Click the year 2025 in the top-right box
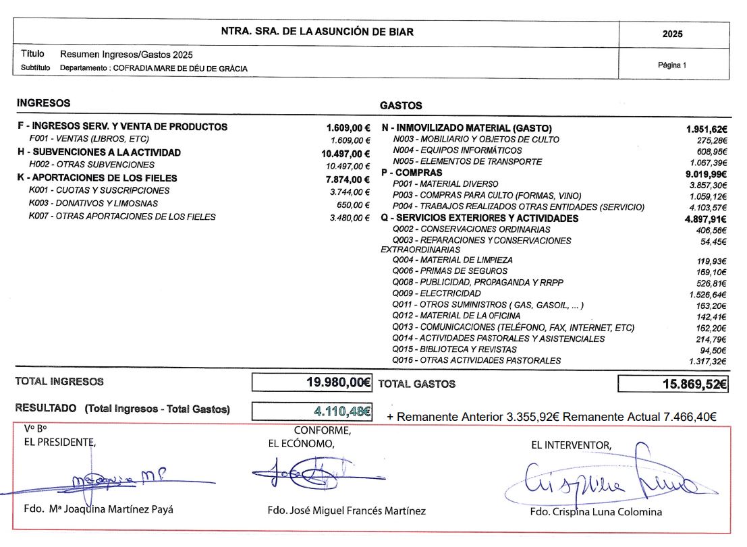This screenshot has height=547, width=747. coord(672,34)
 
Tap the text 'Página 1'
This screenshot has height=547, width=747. coord(671,65)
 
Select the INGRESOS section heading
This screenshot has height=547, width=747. coord(43,103)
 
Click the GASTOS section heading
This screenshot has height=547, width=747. coord(401,105)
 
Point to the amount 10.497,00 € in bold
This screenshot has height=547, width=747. coord(347,153)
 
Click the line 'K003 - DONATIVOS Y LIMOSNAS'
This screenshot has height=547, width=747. coord(94,204)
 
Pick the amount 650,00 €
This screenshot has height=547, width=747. coord(354,204)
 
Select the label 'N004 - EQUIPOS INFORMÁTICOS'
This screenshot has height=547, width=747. coord(457,150)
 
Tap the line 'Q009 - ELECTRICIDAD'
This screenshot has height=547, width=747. coord(437,293)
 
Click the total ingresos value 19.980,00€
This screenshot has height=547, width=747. coord(338,382)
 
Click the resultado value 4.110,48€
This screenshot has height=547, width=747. coord(342,410)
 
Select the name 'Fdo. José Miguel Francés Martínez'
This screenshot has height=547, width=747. coord(346,511)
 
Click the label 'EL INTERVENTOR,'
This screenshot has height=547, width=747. coord(572,445)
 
